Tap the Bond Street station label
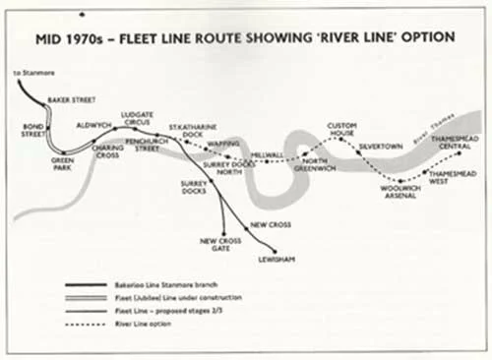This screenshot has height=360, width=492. [34, 131]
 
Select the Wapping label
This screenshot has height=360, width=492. [219, 144]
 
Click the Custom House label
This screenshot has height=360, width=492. [341, 130]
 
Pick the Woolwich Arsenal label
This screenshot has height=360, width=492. [400, 191]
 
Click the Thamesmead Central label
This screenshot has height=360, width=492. [455, 144]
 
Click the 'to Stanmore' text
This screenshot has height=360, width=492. [31, 74]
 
